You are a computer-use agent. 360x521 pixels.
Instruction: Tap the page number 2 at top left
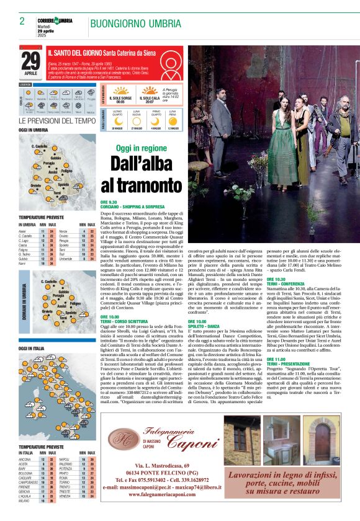pos(22,21)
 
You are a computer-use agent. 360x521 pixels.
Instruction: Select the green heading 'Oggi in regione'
pos(142,149)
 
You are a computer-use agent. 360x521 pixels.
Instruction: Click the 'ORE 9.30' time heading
pos(109,202)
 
